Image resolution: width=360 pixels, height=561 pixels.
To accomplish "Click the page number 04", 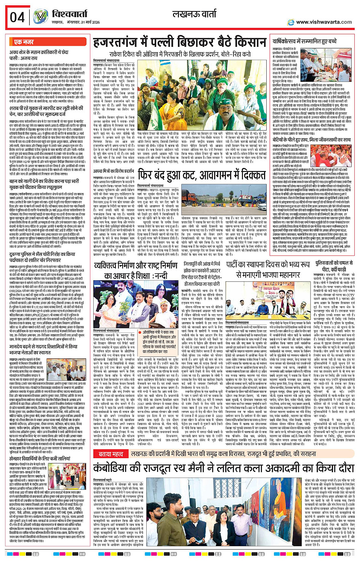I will (x=18, y=18).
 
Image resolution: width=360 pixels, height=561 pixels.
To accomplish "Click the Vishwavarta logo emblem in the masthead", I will (x=40, y=17).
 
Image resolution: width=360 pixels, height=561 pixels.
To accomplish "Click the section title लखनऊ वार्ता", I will (x=194, y=15).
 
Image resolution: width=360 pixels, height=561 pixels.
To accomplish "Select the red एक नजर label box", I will (x=24, y=42).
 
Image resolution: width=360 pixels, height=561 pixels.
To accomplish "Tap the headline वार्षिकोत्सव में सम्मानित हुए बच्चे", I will (x=305, y=41).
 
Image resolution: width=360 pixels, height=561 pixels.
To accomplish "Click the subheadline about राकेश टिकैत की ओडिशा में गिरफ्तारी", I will (x=180, y=54).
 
